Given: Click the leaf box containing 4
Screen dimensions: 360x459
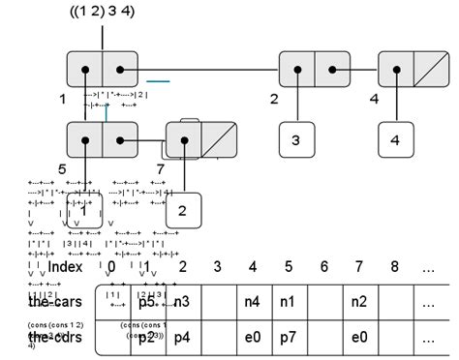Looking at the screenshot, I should pos(395,139).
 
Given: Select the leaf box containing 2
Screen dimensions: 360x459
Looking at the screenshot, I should pos(183,210).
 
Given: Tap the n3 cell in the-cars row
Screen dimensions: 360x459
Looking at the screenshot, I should pos(182,302).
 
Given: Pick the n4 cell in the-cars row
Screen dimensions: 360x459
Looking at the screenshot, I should pos(252,302).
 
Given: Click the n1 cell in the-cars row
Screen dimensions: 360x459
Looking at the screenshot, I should pos(288,302).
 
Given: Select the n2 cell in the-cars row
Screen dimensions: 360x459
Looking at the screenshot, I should pos(358,302).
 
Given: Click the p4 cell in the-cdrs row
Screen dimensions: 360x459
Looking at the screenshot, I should pos(182,337).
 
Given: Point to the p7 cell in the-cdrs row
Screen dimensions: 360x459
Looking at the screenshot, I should pos(288,337).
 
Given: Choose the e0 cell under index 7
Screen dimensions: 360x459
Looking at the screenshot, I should pos(358,337).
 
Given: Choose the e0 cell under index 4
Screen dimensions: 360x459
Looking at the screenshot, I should pos(252,337).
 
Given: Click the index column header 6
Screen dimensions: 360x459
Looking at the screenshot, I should pos(323,266).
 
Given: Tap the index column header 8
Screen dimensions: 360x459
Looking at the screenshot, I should pos(394,266).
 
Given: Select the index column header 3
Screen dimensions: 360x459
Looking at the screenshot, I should pos(217,266).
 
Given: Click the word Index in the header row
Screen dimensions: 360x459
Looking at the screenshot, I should pos(65,266).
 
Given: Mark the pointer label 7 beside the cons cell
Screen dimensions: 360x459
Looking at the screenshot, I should pos(160,169).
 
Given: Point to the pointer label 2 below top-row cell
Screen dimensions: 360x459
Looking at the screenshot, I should pos(274,99).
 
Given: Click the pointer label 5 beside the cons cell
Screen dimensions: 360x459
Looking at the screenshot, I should pos(62,169).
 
